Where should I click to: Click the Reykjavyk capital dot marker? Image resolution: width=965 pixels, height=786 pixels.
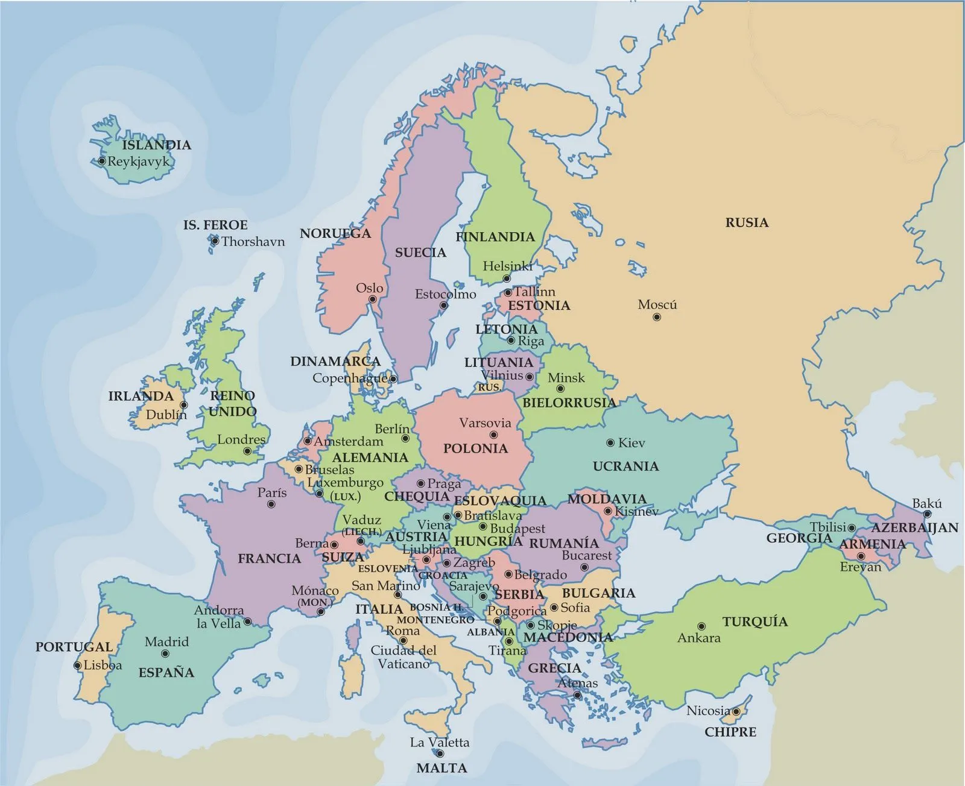coord(102,162)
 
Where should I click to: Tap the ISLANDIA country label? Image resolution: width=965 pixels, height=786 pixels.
coord(156,145)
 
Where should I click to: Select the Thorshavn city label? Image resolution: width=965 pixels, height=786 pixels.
coord(253,242)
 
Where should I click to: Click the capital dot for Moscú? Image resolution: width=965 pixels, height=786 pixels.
coord(657,317)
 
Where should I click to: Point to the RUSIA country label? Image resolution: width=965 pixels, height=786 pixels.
coord(747,223)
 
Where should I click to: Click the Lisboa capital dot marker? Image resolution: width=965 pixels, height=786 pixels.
coord(77,665)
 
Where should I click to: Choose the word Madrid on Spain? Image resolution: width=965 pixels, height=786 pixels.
coord(166,642)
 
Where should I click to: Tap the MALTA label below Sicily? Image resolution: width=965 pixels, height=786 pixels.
coord(441,769)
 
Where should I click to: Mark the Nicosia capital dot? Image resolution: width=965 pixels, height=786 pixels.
coord(736,712)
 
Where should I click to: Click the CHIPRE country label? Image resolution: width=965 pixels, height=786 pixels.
coord(730,732)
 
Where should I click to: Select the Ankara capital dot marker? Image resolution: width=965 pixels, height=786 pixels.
coord(701,627)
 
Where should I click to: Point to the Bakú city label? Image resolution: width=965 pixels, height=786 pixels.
coord(926,503)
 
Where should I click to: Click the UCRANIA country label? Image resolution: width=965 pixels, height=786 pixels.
coord(625,466)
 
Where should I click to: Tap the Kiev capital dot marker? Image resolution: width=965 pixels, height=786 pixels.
coord(610,443)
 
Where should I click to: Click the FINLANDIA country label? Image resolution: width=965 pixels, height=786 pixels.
coord(495,237)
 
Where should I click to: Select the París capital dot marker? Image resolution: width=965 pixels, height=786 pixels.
coord(271,504)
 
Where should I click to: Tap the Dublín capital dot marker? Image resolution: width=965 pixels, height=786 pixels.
coord(183,405)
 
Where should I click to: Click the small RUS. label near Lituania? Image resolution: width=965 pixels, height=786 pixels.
coord(489,388)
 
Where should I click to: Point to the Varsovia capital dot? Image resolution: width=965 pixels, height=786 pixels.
coord(493,435)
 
